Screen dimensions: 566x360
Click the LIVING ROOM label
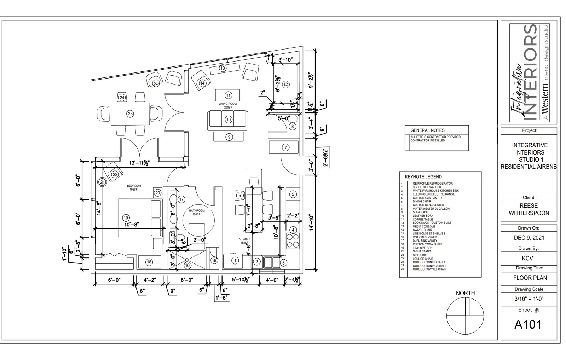(227, 104)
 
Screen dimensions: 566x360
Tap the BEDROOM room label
(134, 186)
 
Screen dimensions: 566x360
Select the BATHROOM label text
(197, 211)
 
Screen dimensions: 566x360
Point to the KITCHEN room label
(244, 239)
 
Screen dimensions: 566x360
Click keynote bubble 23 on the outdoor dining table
(131, 114)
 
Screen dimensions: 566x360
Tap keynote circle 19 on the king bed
(126, 218)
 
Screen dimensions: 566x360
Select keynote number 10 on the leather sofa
(229, 120)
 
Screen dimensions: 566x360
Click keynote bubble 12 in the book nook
(285, 85)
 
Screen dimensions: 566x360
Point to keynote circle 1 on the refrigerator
(235, 261)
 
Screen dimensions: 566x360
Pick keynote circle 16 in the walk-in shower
(187, 265)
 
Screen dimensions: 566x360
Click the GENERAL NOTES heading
(427, 130)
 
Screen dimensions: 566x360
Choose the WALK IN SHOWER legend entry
(424, 237)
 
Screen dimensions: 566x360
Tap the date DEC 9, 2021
(529, 238)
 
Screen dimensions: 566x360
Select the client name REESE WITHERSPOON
(529, 209)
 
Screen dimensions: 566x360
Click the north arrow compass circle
(465, 315)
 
